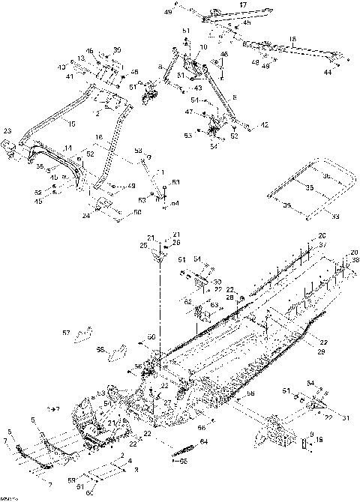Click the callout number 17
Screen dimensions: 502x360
pyautogui.click(x=242, y=4)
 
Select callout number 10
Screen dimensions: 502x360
pyautogui.click(x=202, y=47)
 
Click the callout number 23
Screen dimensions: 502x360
pyautogui.click(x=8, y=131)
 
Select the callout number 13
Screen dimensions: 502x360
pyautogui.click(x=80, y=58)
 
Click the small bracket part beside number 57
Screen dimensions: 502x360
pyautogui.click(x=88, y=332)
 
